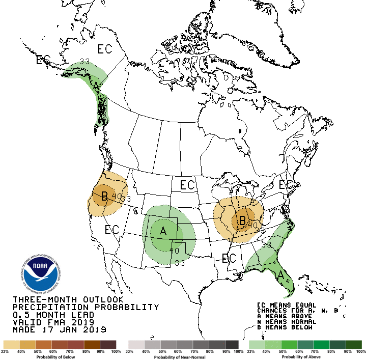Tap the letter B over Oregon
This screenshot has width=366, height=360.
point(104,196)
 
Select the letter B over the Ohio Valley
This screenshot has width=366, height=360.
point(242,220)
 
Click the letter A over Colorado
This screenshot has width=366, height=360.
point(163,231)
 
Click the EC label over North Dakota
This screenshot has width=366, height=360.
point(187,184)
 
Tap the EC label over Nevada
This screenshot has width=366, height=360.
point(112,230)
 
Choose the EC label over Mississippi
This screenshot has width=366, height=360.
point(229,258)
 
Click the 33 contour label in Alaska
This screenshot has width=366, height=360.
point(85,62)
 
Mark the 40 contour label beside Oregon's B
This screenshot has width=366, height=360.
point(117,196)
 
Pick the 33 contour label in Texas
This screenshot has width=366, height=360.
point(180,263)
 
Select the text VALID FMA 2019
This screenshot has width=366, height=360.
point(53,322)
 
